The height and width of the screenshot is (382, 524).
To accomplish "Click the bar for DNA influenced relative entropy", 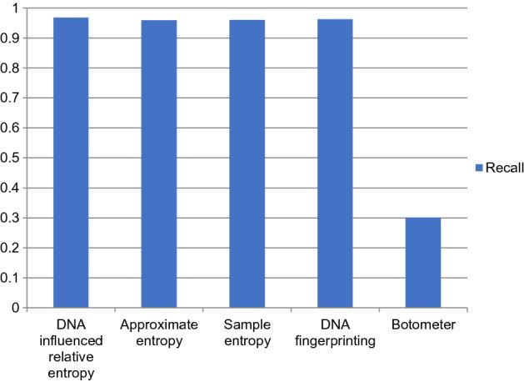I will [71, 163].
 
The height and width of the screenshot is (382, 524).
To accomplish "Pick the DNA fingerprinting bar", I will [335, 163].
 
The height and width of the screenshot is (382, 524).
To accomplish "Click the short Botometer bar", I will [422, 263].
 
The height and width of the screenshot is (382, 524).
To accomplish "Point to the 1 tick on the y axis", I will [16, 8].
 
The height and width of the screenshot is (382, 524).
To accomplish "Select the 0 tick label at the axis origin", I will [16, 309].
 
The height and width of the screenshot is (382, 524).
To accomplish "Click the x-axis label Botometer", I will [422, 325].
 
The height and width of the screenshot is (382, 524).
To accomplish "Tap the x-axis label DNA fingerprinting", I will [335, 332].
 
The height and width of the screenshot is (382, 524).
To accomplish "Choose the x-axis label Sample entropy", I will [247, 332].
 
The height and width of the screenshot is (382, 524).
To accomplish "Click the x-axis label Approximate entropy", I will [158, 332].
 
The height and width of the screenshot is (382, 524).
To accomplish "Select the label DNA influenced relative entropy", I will [71, 345].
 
